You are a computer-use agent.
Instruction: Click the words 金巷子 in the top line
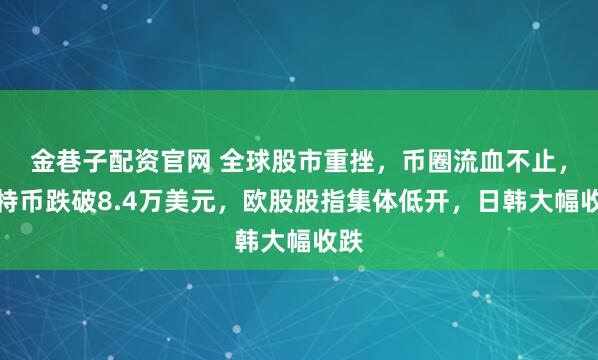(64, 157)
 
